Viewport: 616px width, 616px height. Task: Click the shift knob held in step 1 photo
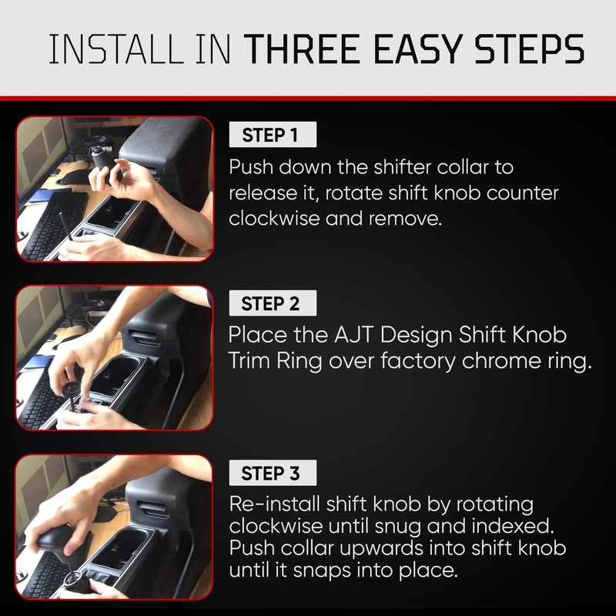[102, 159]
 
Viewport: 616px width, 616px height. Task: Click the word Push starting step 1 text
[251, 167]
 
